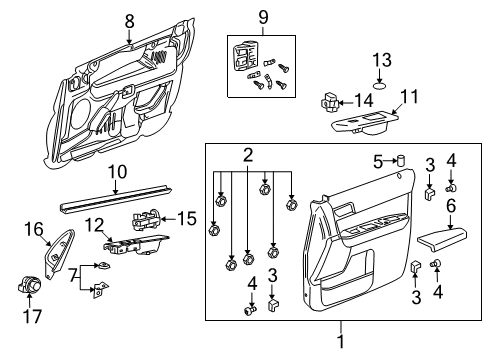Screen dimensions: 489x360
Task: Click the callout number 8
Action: point(129,22)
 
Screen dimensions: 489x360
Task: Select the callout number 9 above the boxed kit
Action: point(263,17)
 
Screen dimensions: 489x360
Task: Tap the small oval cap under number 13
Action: point(380,86)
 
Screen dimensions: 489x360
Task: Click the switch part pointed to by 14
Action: point(329,102)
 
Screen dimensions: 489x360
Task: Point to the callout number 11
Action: point(409,97)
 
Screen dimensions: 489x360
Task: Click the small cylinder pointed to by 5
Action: point(400,160)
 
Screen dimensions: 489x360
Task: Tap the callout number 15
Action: point(187,219)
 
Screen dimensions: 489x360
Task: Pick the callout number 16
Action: point(34,229)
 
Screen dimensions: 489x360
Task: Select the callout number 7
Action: point(73,276)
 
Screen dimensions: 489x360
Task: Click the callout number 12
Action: point(94,226)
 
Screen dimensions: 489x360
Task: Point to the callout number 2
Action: point(248,155)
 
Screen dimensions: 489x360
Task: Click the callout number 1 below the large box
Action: point(341,341)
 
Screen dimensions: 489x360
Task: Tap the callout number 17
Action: point(32,316)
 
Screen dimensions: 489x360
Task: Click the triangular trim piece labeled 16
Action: point(60,254)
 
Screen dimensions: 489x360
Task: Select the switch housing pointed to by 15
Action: point(146,219)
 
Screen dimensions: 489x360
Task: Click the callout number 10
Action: point(118,172)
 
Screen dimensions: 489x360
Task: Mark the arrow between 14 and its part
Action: point(346,102)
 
